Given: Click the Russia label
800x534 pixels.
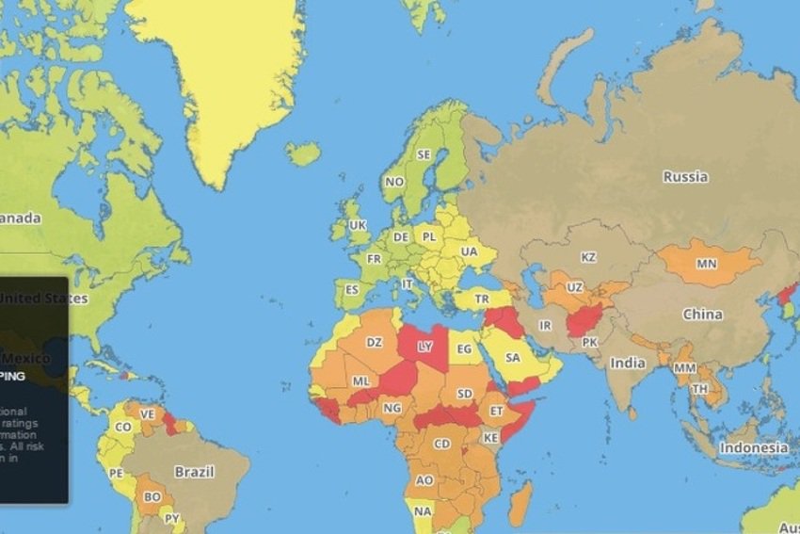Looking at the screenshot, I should point(685,176).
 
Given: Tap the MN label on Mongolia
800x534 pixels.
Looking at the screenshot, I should point(706,264).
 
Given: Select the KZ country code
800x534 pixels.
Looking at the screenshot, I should point(589,257).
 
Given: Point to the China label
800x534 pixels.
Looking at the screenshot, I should point(702,314).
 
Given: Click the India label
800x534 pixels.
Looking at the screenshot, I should point(627,363).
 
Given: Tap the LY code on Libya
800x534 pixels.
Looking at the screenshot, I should point(425,346).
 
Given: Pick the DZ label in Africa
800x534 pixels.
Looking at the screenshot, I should point(374,342).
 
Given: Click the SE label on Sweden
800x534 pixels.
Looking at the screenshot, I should point(424,154).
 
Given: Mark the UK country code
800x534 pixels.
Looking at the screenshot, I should point(358,225).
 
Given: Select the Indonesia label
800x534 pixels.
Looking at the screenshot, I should point(754,447).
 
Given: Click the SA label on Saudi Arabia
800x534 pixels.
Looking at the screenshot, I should point(513,358).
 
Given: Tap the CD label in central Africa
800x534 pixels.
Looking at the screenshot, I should point(442,443).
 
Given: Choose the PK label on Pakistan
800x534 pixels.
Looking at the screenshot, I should point(590,341).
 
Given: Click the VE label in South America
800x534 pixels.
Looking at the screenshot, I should point(147,414).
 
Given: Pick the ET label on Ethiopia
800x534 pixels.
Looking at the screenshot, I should point(495,411).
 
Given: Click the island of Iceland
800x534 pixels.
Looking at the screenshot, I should point(303,154).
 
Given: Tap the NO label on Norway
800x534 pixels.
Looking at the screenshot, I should point(394,182).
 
